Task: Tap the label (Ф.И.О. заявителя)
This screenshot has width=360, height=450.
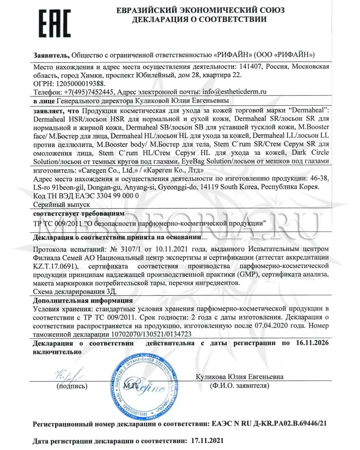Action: coord(237,386)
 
